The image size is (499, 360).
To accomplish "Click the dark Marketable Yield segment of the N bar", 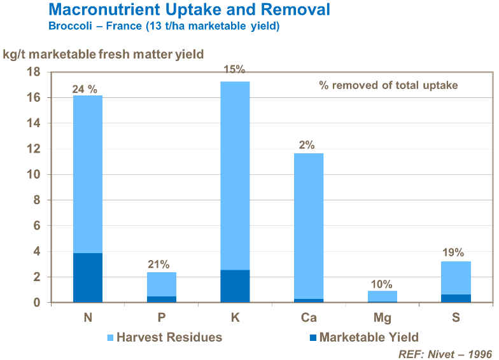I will pyautogui.click(x=88, y=277).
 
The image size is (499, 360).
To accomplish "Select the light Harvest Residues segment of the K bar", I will pyautogui.click(x=235, y=176).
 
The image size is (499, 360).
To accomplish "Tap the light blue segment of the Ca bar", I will pyautogui.click(x=308, y=226).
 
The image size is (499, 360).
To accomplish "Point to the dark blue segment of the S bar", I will pyautogui.click(x=456, y=298).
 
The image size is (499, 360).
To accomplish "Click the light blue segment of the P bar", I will pyautogui.click(x=161, y=284).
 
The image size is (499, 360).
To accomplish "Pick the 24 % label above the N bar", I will pyautogui.click(x=87, y=90).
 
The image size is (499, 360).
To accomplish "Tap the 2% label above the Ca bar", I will pyautogui.click(x=307, y=145).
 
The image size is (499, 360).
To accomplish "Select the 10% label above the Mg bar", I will pyautogui.click(x=382, y=284).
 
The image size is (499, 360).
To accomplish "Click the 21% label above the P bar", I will pyautogui.click(x=159, y=265).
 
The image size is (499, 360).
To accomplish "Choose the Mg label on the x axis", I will pyautogui.click(x=382, y=318).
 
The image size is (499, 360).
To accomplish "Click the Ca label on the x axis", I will pyautogui.click(x=308, y=318).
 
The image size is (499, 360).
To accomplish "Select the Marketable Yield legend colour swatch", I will pyautogui.click(x=312, y=338).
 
